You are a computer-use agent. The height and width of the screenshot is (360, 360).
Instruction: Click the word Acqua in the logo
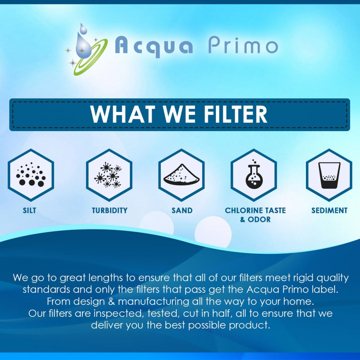[x=154, y=46]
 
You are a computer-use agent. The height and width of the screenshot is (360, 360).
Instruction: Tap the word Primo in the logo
[x=243, y=46]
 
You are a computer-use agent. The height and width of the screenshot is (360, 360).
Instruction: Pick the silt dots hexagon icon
[x=31, y=175]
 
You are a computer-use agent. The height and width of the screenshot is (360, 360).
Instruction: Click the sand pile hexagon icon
[x=182, y=175]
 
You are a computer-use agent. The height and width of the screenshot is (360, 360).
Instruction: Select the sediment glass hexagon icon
[x=328, y=175]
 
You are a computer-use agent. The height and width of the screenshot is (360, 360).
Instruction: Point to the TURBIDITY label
[x=109, y=210]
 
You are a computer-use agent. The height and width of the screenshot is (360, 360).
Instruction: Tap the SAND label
[x=182, y=210]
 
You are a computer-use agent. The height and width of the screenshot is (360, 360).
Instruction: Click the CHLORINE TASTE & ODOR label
[x=255, y=215]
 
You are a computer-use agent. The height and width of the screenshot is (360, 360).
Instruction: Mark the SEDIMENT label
[x=329, y=210]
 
